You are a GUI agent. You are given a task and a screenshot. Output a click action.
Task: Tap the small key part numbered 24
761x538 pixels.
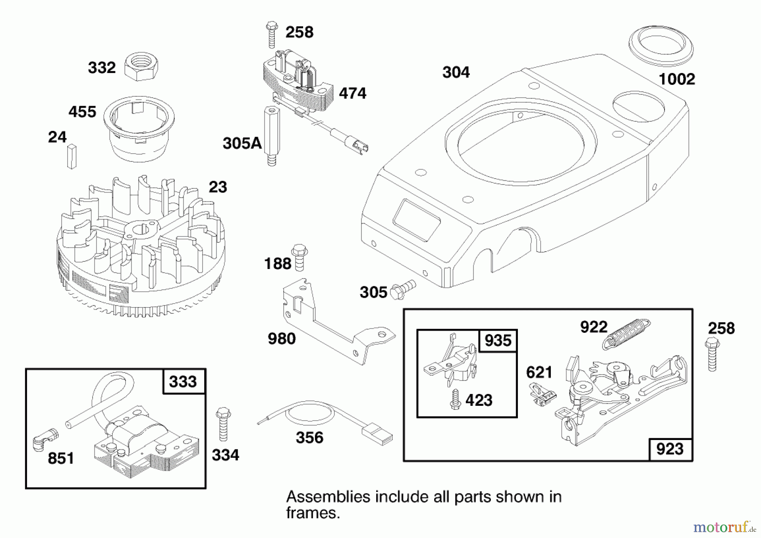tap(72, 156)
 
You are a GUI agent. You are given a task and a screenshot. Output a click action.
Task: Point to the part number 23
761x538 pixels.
tap(218, 187)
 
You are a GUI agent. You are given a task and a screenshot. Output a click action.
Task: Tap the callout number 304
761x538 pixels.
tap(456, 72)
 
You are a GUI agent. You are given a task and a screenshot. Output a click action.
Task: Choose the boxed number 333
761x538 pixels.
tap(183, 382)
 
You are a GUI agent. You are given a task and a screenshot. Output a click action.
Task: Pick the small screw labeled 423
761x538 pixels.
tap(455, 399)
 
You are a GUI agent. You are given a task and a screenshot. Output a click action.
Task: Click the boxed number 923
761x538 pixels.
tap(670, 449)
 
